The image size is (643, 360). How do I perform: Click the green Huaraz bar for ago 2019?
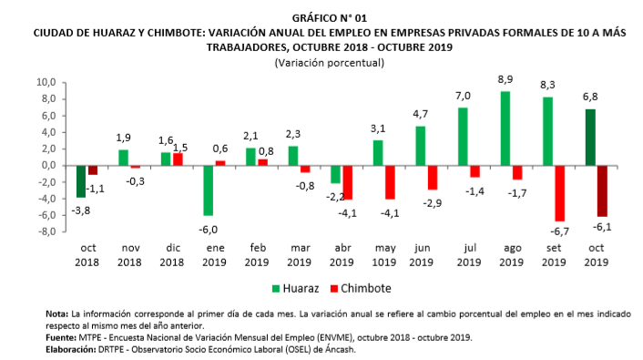click(x=505, y=129)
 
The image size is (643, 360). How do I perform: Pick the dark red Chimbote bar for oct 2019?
click(x=602, y=190)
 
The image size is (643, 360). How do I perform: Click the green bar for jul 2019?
click(x=462, y=137)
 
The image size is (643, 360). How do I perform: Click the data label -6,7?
click(x=558, y=230)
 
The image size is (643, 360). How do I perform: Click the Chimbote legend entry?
click(x=362, y=288)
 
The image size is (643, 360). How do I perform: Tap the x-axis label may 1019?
click(x=386, y=253)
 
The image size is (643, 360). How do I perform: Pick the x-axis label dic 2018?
click(x=171, y=253)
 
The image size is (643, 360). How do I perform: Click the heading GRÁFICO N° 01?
click(x=329, y=18)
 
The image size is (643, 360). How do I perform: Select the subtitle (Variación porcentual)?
click(x=329, y=62)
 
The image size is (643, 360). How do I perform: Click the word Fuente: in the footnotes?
click(x=63, y=336)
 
